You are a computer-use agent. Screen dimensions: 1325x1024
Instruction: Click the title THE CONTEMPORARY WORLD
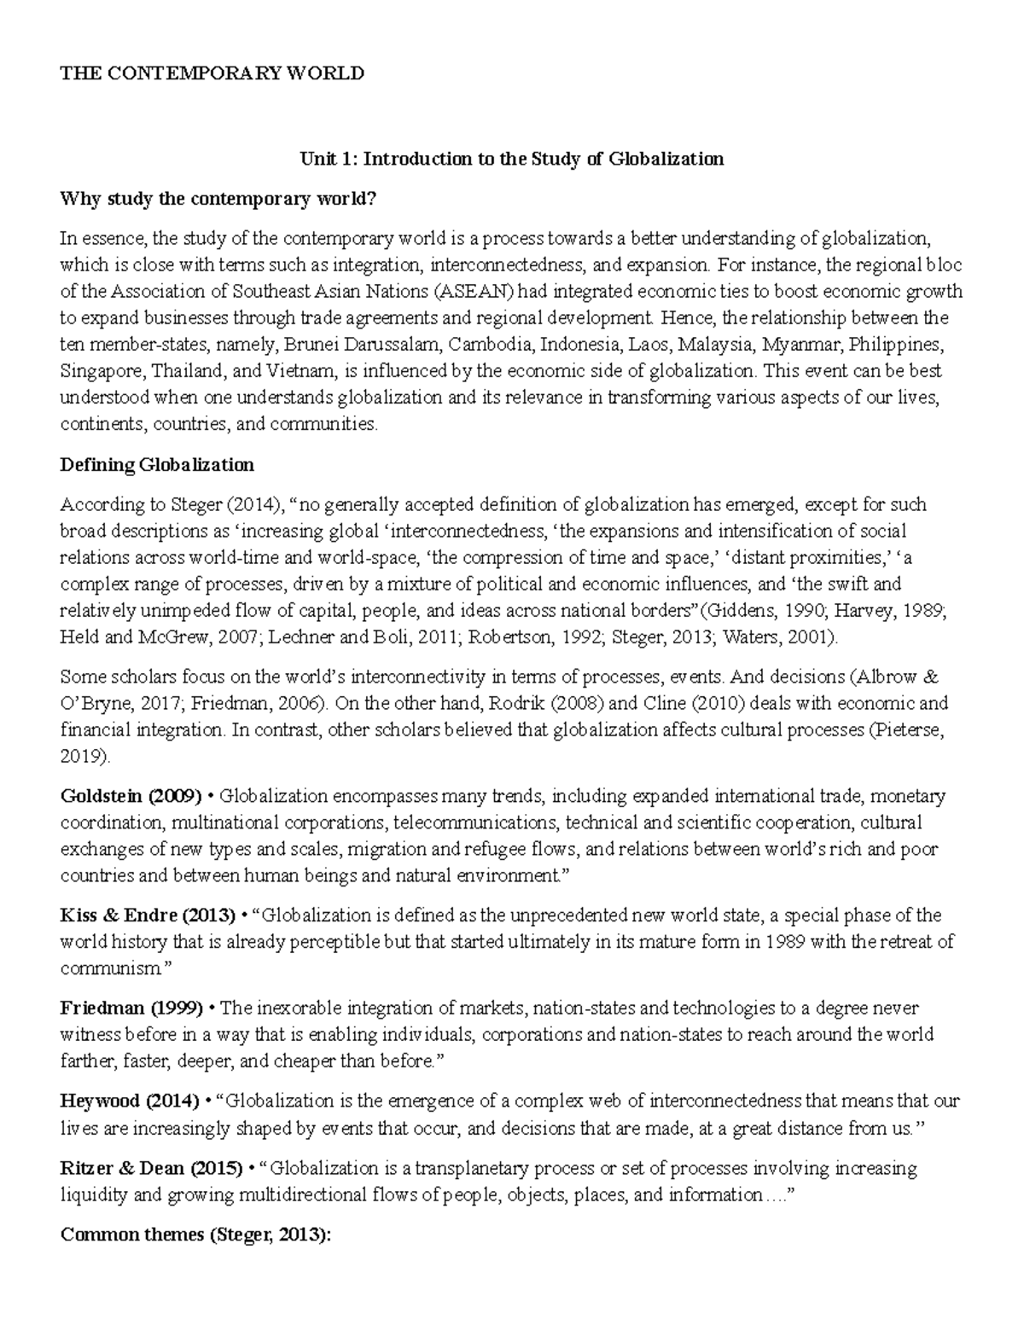tap(212, 73)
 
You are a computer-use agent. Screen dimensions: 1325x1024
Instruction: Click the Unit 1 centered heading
tap(510, 159)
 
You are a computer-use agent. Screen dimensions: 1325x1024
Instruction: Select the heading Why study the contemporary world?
tap(218, 199)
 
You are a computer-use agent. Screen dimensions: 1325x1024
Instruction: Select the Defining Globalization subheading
tap(157, 465)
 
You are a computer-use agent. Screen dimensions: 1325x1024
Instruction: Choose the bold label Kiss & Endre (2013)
tap(148, 916)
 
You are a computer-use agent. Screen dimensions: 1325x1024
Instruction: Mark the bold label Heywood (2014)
tap(130, 1101)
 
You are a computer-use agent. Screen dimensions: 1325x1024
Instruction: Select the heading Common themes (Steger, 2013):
tap(195, 1235)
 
